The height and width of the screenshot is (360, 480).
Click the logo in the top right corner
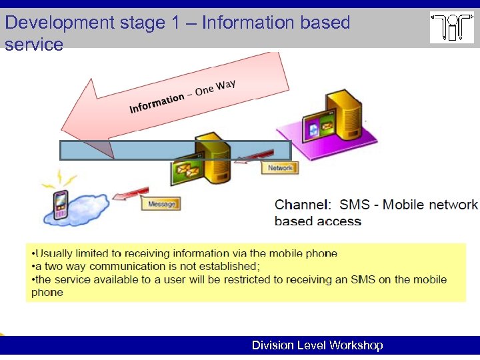coord(451,27)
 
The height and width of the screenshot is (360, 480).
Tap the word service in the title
coord(34,45)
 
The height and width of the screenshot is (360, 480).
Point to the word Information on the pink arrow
coord(156,103)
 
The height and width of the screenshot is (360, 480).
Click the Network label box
coord(280,168)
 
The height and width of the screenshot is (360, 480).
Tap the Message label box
coord(161,204)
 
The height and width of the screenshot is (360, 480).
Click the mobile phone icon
coord(60,205)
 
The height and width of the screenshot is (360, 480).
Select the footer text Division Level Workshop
coord(317,345)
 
